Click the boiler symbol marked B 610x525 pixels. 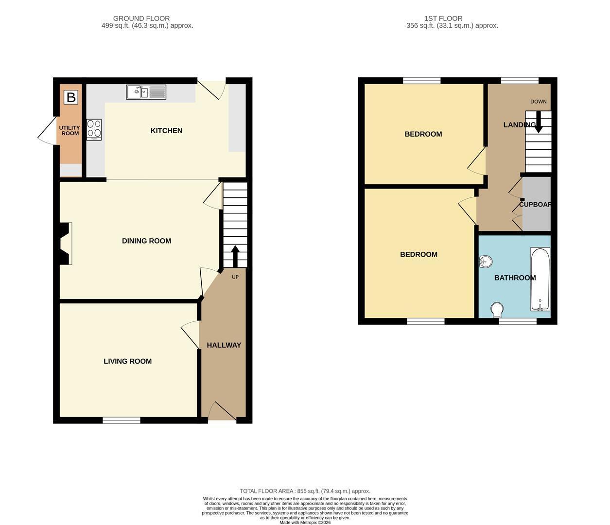tap(71, 97)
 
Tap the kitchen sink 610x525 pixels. tap(146, 92)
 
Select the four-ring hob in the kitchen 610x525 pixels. tap(94, 130)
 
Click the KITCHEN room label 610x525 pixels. tap(166, 131)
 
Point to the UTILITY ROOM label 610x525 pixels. tap(70, 130)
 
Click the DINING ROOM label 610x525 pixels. tap(146, 241)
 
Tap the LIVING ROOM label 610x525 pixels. tap(127, 361)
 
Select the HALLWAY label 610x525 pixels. tap(224, 345)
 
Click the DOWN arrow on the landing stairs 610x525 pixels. tap(538, 122)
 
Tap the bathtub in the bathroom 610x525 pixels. tap(540, 279)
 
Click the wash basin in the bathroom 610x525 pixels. tap(486, 262)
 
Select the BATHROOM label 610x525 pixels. tap(515, 278)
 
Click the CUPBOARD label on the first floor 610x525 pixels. tap(535, 204)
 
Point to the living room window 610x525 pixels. tap(122, 420)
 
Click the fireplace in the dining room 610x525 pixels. tap(66, 244)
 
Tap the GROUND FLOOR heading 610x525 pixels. tap(141, 18)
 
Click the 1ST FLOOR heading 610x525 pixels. tap(443, 18)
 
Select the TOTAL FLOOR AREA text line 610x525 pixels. tap(305, 491)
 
